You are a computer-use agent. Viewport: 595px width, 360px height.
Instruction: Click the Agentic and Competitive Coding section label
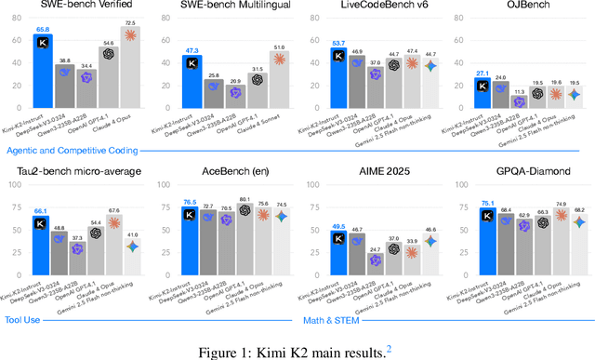point(86,149)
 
